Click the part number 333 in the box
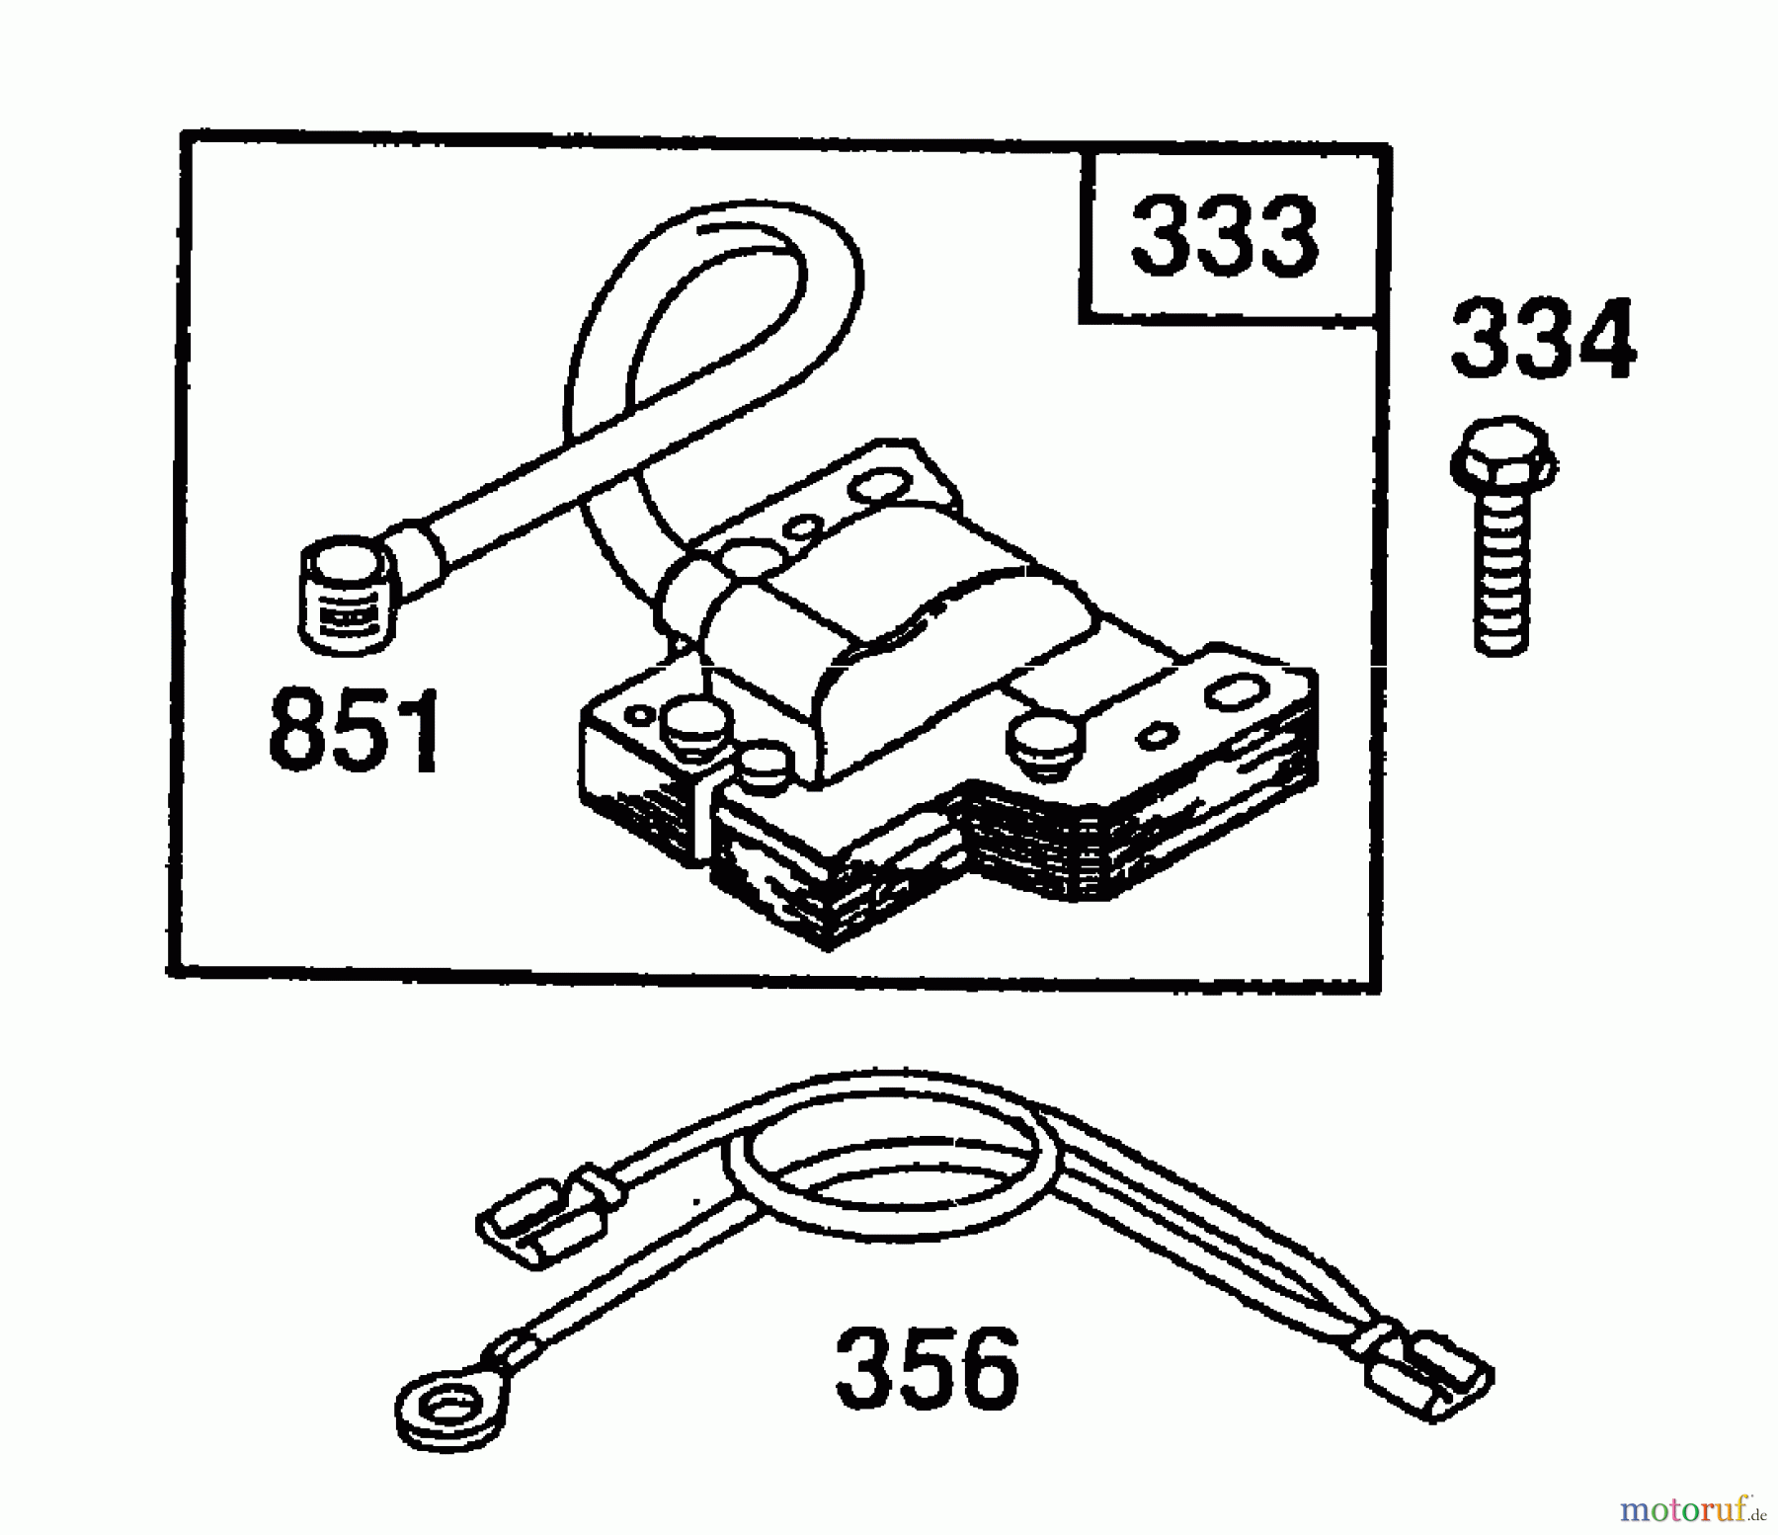coord(1224,236)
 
